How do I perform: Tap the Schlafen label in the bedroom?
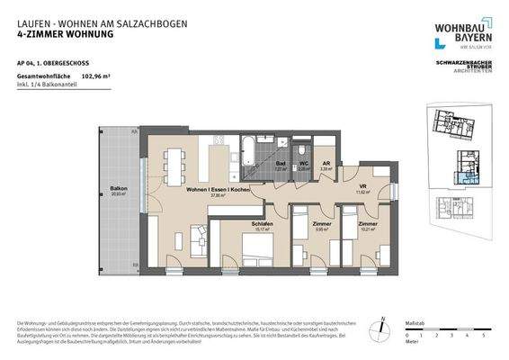pos(262,224)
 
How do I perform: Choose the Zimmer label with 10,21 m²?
pos(367,223)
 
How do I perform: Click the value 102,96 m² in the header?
pos(97,77)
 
